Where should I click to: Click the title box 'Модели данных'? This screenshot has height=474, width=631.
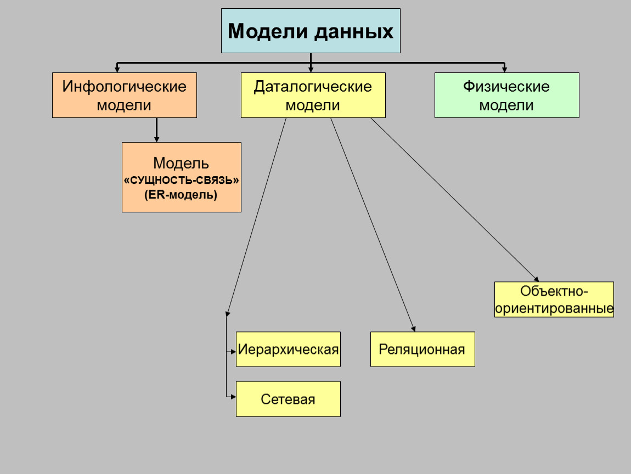pos(311,31)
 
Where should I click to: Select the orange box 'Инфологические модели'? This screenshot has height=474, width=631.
pos(125,95)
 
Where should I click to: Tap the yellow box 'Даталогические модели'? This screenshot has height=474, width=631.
pos(313,95)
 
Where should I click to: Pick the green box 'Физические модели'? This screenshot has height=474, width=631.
pos(506,95)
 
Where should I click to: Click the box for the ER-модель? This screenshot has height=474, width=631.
pos(181,177)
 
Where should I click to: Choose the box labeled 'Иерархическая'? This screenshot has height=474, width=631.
pos(288,349)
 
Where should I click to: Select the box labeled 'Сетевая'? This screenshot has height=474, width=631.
pos(288,399)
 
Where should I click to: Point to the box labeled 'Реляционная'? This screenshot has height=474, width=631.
pos(422,349)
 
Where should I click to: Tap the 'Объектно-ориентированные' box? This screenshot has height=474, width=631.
pos(554,300)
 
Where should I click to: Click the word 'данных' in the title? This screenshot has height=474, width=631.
pos(354,31)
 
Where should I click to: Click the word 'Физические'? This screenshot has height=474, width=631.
pos(506,87)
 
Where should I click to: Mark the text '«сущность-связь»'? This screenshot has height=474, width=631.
pos(182,179)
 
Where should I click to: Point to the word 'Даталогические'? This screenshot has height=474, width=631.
pos(313,87)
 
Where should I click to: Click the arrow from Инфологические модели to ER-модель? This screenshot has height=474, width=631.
pos(156,129)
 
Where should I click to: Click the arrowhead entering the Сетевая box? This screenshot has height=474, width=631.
pos(233,395)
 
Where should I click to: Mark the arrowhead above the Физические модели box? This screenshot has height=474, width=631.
pos(504,69)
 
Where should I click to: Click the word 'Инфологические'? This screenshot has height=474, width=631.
pos(125,87)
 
